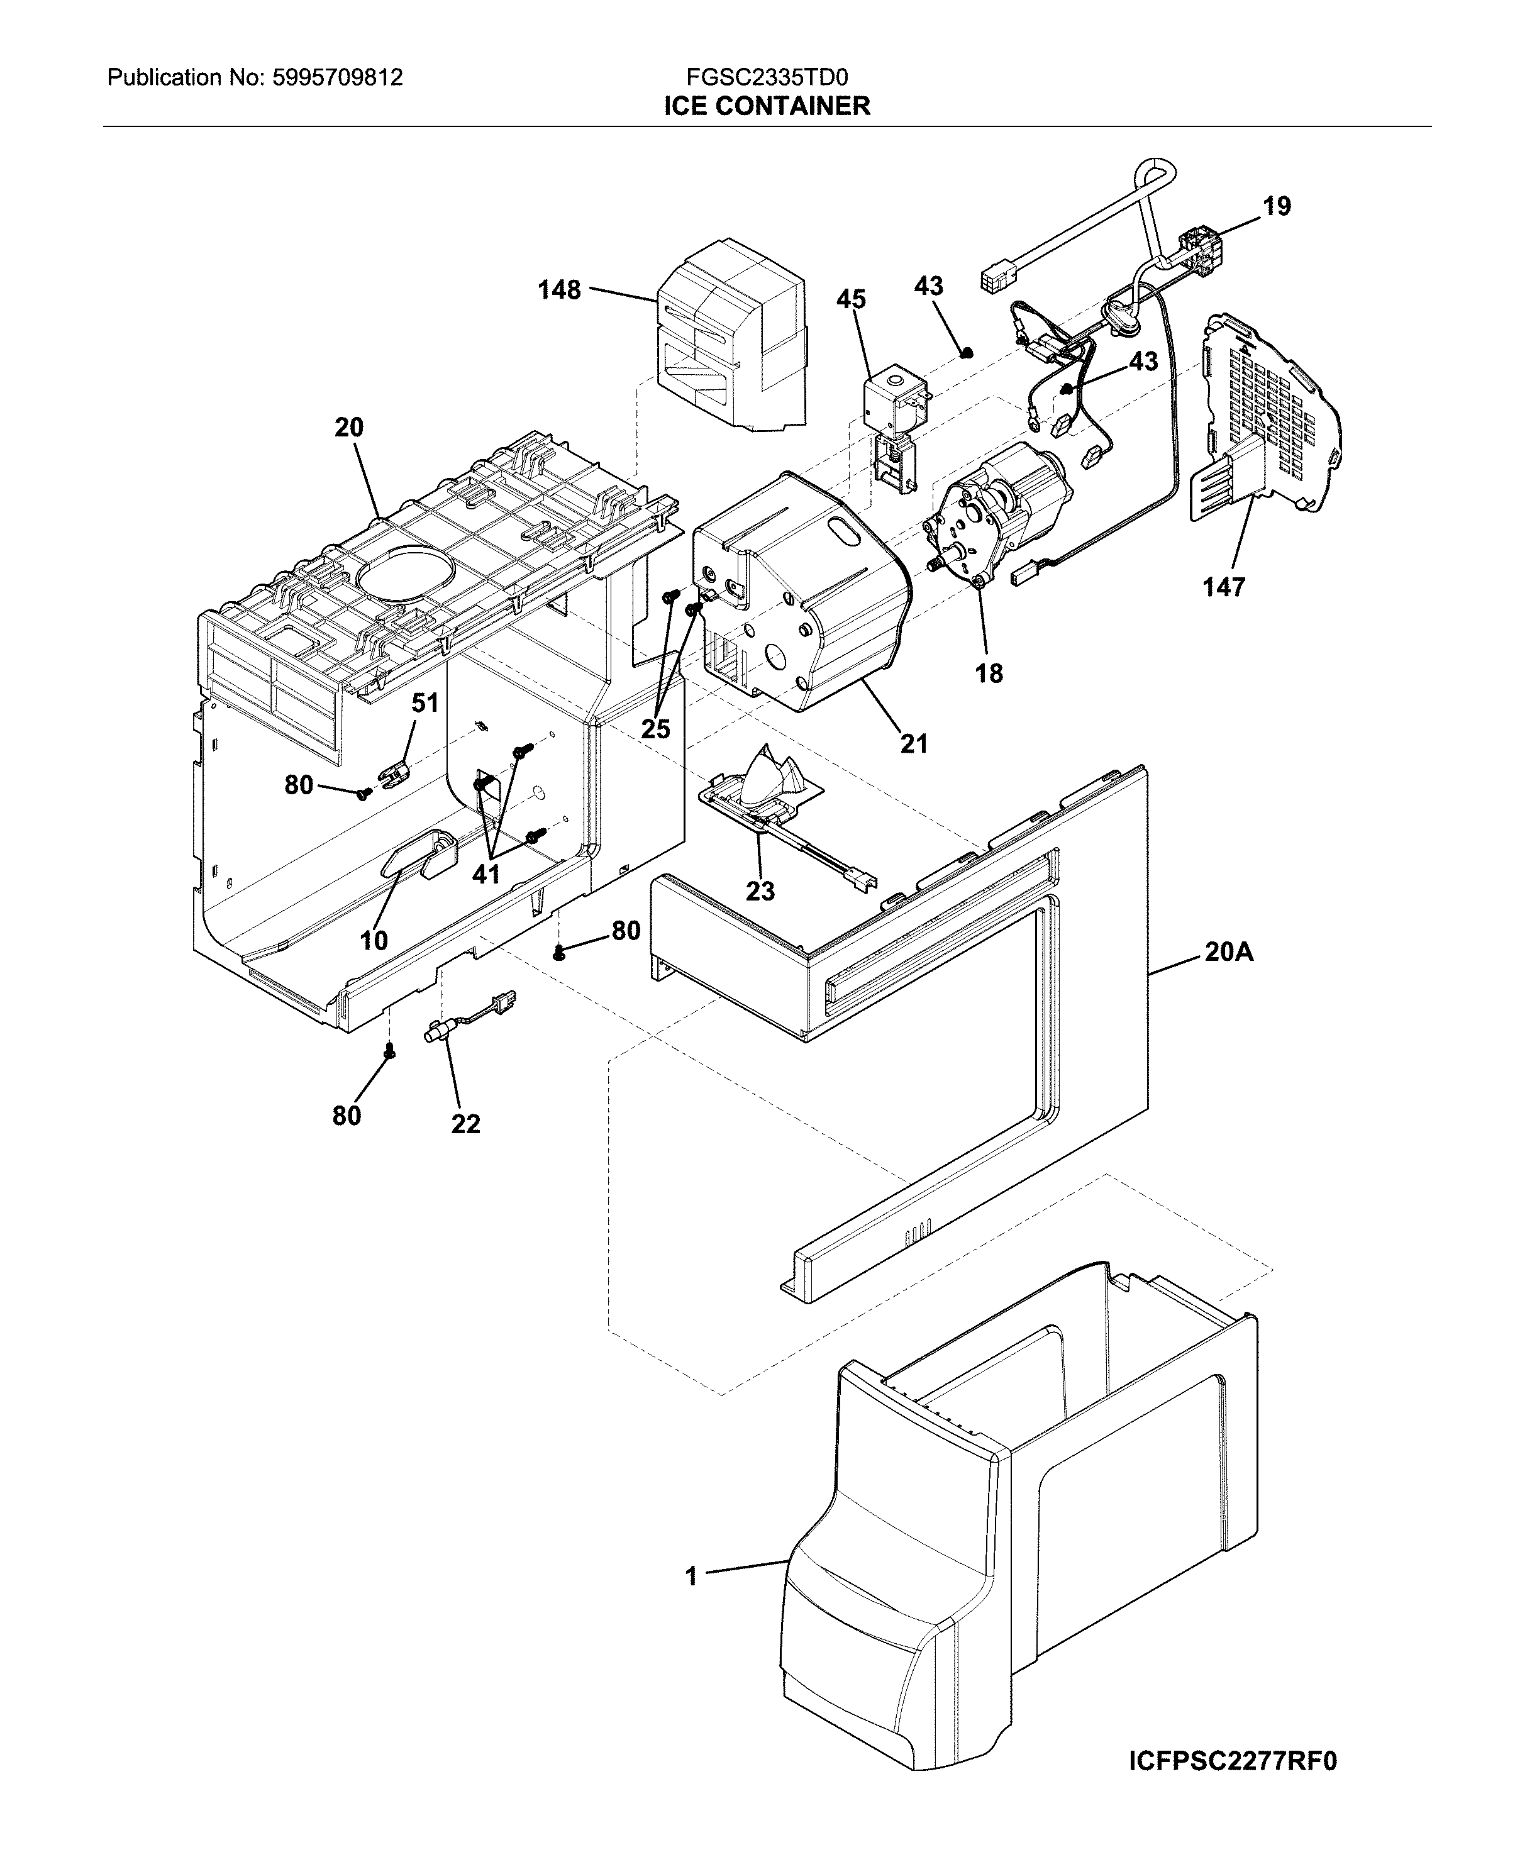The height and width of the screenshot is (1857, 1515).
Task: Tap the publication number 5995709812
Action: coord(337,78)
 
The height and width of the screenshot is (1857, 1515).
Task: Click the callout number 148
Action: coord(558,290)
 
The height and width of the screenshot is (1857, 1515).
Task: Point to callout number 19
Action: coord(1276,207)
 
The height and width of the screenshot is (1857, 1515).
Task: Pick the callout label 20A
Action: coord(1229,952)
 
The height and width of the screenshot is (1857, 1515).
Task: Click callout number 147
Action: coord(1224,587)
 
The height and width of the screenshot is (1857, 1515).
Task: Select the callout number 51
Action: coord(425,702)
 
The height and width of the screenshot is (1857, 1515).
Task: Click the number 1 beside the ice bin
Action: coord(691,1577)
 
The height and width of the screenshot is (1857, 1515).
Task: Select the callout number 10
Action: coord(374,940)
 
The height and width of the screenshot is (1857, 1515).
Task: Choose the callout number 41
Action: coord(486,873)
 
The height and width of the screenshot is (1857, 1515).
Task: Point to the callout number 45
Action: coord(851,299)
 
